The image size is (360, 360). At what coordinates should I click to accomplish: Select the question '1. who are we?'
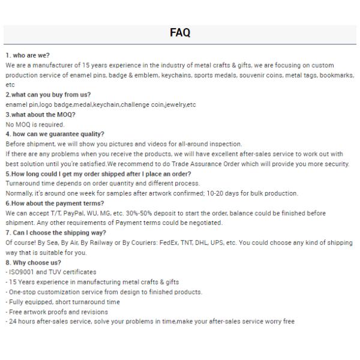pyautogui.click(x=28, y=55)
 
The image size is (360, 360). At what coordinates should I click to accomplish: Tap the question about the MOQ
pyautogui.click(x=41, y=115)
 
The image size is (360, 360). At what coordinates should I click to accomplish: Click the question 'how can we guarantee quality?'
pyautogui.click(x=55, y=134)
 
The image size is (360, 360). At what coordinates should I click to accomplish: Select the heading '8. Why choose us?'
pyautogui.click(x=34, y=262)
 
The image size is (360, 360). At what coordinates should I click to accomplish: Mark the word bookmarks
pyautogui.click(x=336, y=75)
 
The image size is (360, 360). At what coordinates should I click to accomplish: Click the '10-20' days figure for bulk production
pyautogui.click(x=212, y=194)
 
